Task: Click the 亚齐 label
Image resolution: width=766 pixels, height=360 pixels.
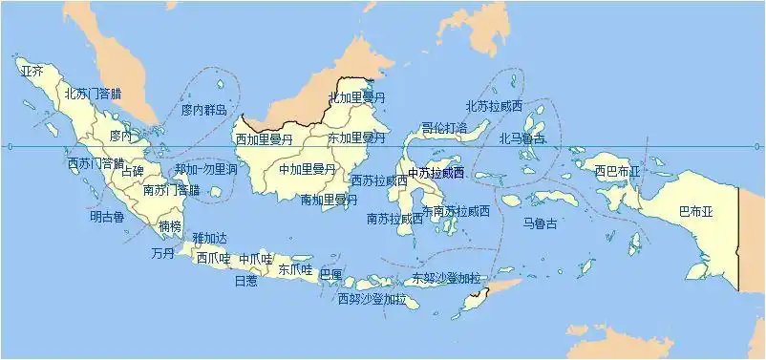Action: point(32,71)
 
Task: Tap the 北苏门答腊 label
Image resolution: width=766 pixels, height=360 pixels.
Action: point(93,94)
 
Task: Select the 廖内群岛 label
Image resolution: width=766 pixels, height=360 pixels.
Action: point(204,111)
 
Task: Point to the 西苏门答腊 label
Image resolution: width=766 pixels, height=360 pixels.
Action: point(96,163)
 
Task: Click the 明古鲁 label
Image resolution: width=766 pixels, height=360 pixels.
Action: point(107,217)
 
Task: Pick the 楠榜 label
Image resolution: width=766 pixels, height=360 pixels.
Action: point(170,226)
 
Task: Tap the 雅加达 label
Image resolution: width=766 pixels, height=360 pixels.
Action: point(210,238)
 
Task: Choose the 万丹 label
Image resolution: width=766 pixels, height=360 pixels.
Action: point(162,254)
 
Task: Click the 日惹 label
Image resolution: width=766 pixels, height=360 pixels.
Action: point(245,282)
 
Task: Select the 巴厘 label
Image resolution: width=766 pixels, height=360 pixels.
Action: point(330,274)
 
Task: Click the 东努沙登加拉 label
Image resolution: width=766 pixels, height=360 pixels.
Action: point(446,279)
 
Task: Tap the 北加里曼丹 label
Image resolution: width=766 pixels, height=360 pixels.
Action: point(356,97)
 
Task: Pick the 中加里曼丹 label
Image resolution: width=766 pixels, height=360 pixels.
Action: point(308,169)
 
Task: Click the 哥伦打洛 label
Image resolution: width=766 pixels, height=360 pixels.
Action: point(444,127)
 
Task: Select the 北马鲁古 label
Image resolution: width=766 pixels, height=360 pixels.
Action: point(522,138)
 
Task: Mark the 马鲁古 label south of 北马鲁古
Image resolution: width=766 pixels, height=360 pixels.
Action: point(541,223)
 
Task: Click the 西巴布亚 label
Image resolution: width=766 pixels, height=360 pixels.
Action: point(617,172)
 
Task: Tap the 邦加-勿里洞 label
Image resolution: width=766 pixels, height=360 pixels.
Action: point(205,169)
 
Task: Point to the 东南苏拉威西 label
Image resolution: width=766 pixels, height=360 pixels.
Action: point(456,211)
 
